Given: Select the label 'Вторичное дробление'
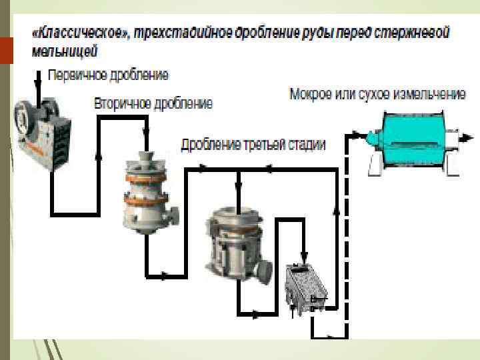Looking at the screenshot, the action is pos(153,103).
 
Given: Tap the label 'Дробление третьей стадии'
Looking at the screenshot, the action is pos(253,145).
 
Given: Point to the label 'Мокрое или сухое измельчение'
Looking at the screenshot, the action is pos(377,94).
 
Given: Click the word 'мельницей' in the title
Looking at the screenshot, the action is pos(65,50).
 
